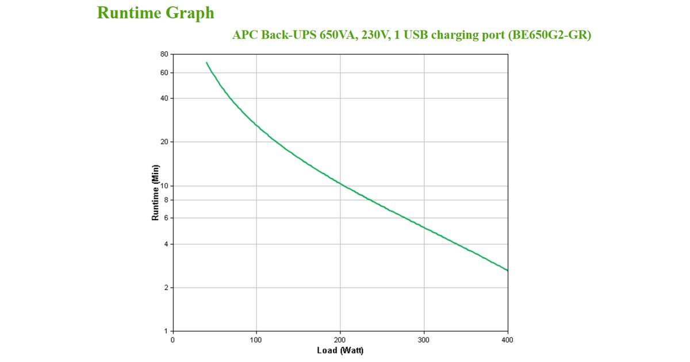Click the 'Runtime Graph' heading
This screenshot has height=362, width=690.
coord(155,13)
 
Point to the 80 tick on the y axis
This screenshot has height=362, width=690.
coord(164,55)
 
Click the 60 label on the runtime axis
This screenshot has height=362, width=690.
coord(164,73)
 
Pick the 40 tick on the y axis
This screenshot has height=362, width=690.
coord(164,98)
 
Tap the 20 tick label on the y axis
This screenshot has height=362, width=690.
coord(164,142)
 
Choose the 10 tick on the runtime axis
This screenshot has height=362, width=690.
coord(164,186)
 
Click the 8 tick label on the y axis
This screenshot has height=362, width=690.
coord(166,200)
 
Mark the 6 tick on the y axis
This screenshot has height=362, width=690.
coord(166,218)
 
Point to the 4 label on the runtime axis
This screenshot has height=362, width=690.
coord(166,244)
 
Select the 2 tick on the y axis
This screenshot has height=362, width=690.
coord(166,288)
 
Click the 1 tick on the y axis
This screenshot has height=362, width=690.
coord(166,332)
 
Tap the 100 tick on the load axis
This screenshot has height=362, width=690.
coord(256,340)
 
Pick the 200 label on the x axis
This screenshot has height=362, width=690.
coord(340,340)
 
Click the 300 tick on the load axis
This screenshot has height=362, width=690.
coord(424,340)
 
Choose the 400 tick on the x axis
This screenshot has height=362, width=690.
coord(508,340)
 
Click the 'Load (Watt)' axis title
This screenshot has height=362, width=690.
coord(340,351)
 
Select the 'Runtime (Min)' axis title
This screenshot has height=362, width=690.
coord(155,193)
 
